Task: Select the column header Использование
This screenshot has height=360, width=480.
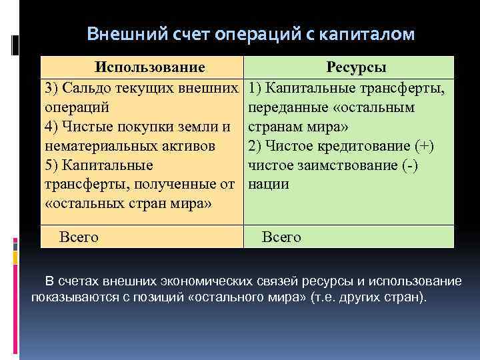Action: click(149, 68)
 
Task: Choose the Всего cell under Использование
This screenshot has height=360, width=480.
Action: click(79, 236)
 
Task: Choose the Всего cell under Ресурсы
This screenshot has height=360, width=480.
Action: click(282, 236)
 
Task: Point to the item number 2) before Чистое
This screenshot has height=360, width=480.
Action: click(256, 146)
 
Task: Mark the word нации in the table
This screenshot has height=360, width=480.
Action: click(268, 185)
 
